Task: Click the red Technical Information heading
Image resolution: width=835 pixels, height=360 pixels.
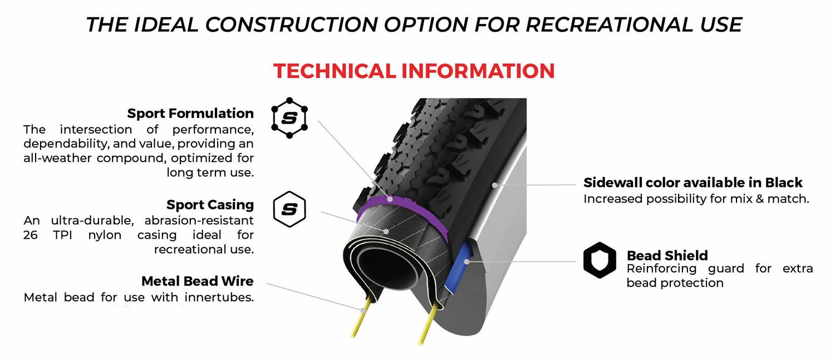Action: pos(414,71)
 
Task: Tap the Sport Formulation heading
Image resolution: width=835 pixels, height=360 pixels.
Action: pos(190,114)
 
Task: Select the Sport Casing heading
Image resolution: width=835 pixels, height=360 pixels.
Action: pos(210,205)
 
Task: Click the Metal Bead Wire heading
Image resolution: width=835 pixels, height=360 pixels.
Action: pos(197,281)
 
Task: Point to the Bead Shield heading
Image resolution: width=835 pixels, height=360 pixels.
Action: pos(667,255)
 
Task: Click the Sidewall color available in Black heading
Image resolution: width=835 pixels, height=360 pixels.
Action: pos(692,183)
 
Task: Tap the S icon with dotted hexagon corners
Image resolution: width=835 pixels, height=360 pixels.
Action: pos(289,118)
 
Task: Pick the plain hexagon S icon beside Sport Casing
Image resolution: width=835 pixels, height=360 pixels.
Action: pos(289,209)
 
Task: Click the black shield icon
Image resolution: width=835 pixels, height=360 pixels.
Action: pos(600,260)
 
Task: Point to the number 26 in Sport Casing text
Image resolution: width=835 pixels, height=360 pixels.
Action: pos(31,235)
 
